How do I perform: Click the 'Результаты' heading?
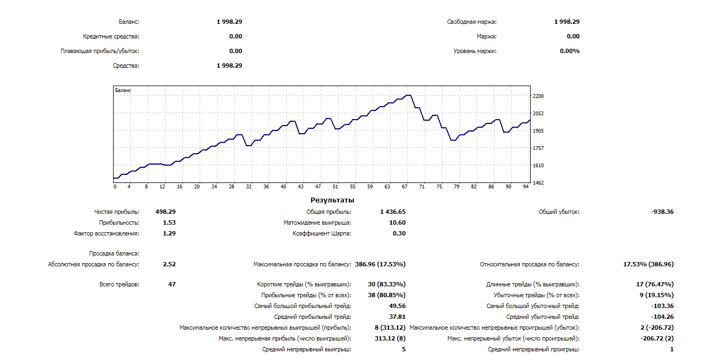click(332, 200)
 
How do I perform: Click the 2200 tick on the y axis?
click(538, 96)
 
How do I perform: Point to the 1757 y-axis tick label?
click(538, 148)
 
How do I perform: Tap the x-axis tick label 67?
click(404, 187)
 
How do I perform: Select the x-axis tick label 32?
click(248, 187)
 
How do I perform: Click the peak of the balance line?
click(408, 95)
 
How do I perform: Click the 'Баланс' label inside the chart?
click(123, 90)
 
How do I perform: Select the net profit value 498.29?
click(165, 212)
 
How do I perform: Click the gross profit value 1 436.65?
click(393, 212)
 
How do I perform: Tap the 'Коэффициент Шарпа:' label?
click(321, 233)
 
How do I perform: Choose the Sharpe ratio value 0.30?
click(399, 233)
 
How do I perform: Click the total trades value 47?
click(171, 284)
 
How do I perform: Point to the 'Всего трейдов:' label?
click(119, 284)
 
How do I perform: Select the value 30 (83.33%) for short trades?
click(386, 284)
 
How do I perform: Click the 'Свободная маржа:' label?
click(472, 22)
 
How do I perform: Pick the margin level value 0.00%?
click(569, 51)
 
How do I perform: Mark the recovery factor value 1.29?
click(169, 233)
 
